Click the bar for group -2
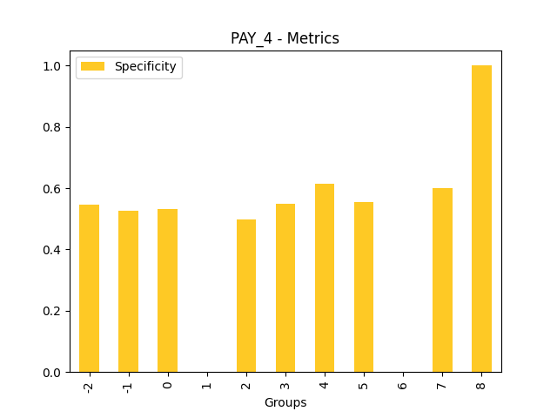[89, 288]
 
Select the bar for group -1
[128, 292]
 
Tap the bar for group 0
[167, 291]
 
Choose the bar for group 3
[285, 288]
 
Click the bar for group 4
[325, 278]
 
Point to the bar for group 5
[364, 287]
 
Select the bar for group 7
[442, 280]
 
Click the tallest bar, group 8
[481, 219]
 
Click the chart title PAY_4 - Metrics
[285, 38]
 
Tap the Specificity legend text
[145, 66]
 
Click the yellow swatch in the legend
[93, 66]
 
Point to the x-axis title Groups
[285, 403]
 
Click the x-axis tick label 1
[206, 383]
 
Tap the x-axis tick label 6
[403, 383]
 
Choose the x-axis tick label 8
[481, 383]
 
